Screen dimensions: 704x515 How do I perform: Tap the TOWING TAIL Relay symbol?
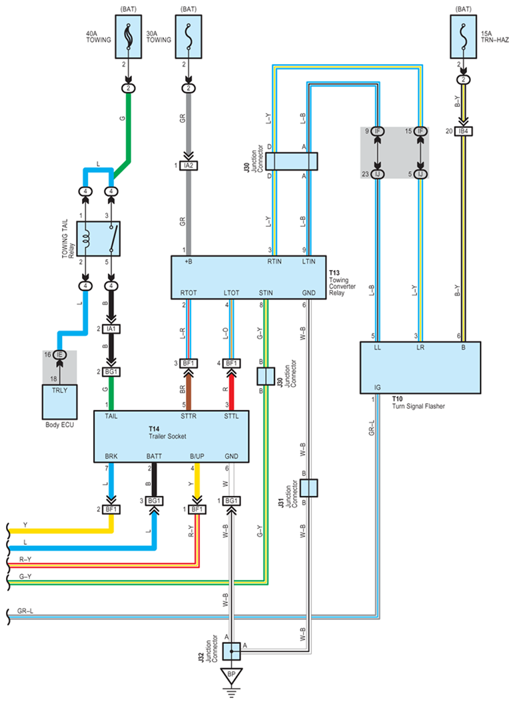coord(99,238)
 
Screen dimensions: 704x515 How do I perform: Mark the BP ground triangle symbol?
coord(233,675)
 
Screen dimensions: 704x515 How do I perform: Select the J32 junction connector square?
coord(233,651)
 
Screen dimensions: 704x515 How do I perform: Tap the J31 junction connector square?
coord(308,488)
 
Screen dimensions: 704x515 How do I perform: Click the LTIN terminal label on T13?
coord(309,262)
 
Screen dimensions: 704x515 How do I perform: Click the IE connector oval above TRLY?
coord(59,355)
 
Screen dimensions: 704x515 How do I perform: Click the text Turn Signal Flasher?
coord(418,406)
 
